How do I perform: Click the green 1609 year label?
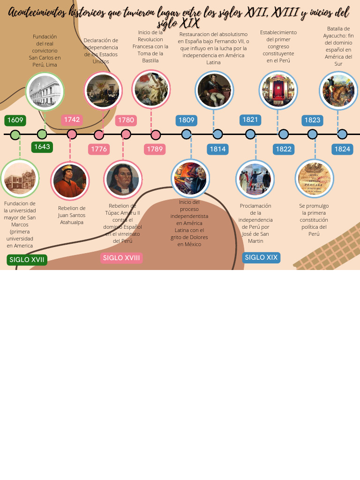15,120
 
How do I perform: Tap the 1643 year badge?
42,147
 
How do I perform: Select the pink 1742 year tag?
72,120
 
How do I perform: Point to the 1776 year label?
99,149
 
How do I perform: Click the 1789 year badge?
155,149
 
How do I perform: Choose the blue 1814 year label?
217,149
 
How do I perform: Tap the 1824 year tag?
342,149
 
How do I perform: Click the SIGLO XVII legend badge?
27,260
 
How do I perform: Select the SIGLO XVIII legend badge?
121,258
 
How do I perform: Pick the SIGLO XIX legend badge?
261,257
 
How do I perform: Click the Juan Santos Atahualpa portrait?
70,180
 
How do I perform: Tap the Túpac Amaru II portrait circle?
123,179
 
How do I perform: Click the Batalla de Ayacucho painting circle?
338,90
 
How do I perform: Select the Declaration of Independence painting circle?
103,90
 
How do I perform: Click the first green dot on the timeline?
15,135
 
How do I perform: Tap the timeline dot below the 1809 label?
186,134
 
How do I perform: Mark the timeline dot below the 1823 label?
313,134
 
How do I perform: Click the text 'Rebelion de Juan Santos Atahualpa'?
72,215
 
